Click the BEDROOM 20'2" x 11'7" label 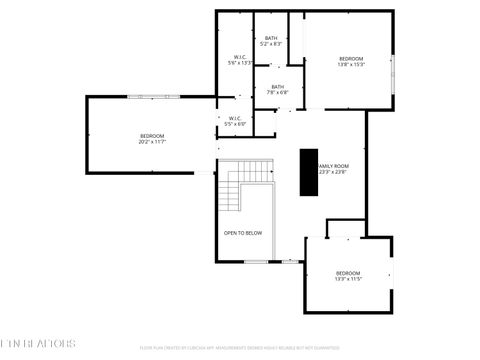[x=152, y=139]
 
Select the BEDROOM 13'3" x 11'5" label [x=348, y=276]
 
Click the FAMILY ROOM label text [x=333, y=166]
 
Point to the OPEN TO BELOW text [x=243, y=233]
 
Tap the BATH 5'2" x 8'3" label [x=271, y=41]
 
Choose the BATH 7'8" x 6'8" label [x=277, y=89]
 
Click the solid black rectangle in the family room [x=309, y=172]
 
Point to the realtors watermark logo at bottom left [x=38, y=343]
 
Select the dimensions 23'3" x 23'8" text [x=333, y=172]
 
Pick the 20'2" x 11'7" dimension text [x=152, y=142]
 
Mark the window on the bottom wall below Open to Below [x=256, y=262]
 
